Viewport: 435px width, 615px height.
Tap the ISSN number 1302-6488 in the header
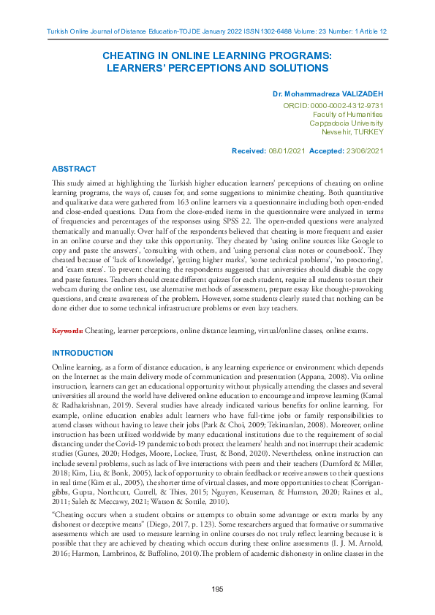pos(246,31)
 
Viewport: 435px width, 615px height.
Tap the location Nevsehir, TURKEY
pos(352,132)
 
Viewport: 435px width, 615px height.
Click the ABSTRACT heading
pos(74,168)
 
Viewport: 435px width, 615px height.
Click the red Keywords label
pos(67,331)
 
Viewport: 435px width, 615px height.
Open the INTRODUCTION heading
pos(83,352)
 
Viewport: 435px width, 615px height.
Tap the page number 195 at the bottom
pos(217,589)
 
